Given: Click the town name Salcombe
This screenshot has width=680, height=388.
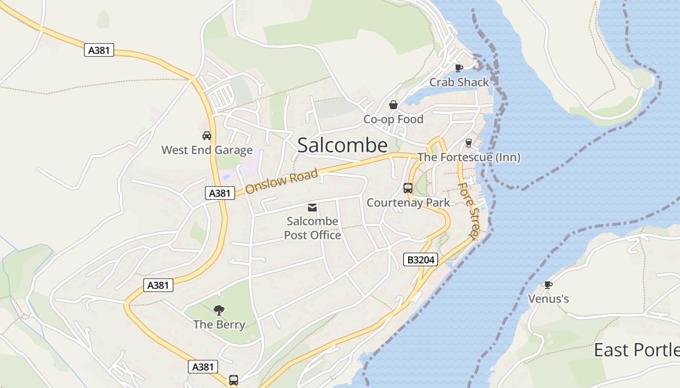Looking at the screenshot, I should pos(342,145).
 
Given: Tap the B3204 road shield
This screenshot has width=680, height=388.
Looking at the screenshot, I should pos(421,260).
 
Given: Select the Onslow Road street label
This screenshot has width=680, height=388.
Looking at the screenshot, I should pos(282,181).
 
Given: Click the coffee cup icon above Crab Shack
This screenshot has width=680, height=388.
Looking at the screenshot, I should pos(459,68).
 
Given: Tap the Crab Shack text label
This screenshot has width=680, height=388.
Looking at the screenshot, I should pos(459,82).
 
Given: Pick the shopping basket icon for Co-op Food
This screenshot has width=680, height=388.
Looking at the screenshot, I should pos(393,105).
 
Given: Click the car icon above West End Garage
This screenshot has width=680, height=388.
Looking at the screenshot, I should pos(207,136).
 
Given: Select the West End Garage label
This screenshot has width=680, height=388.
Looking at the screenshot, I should pos(207,150).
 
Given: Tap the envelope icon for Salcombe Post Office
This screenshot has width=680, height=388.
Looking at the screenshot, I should pos(312,208).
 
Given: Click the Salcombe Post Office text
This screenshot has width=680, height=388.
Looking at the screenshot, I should pos(312,228).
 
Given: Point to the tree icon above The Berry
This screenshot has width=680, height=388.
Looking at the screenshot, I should pos(219,310).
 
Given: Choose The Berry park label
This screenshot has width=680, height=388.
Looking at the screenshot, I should pos(219,324).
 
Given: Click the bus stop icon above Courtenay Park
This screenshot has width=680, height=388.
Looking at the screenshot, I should pos(408,188).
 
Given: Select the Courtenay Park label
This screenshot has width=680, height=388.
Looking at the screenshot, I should pos(408,203).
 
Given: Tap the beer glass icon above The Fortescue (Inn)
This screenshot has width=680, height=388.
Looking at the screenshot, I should pos(469,143).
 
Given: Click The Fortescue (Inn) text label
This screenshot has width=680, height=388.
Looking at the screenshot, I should pos(469,157).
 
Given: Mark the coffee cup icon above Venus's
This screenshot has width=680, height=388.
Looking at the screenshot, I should pos(548,285).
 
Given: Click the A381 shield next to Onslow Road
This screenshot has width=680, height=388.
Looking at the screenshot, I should pos(220,193).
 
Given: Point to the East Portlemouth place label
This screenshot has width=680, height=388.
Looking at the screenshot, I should pos(636,350).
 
